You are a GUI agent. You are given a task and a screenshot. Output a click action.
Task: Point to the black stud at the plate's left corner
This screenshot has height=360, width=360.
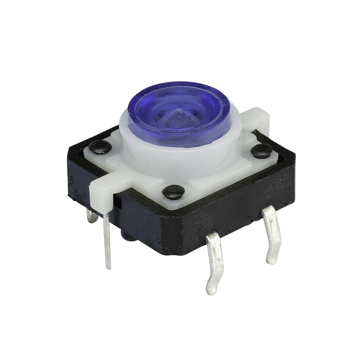100,146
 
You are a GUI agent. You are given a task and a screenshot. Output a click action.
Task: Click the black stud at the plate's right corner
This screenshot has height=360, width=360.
261,150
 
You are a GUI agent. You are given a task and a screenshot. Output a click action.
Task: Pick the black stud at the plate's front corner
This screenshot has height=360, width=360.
173,192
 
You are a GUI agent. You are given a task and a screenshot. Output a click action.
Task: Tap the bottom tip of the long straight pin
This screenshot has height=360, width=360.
108,268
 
